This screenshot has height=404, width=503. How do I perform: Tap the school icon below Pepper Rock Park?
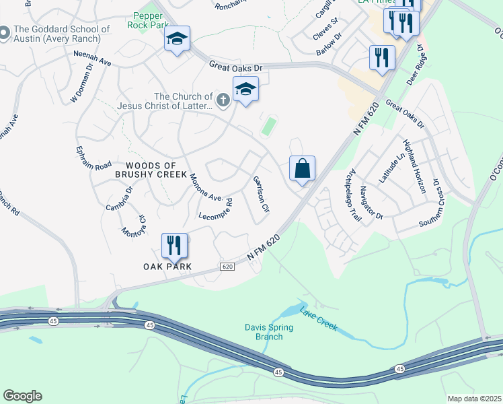pos(178,39)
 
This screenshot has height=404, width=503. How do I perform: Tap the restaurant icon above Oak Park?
pos(175,246)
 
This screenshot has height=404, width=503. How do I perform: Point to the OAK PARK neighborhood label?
pos(167,267)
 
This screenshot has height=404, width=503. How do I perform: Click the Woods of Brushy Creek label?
pos(145,170)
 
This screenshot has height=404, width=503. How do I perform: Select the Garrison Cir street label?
pos(260,195)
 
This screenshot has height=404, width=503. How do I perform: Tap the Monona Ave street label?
pos(206,188)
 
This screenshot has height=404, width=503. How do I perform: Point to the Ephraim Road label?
pos(93,156)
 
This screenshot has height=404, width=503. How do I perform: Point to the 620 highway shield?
pos(227,267)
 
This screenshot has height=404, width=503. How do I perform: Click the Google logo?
pos(22,396)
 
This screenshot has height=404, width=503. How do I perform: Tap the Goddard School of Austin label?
pos(61,34)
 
